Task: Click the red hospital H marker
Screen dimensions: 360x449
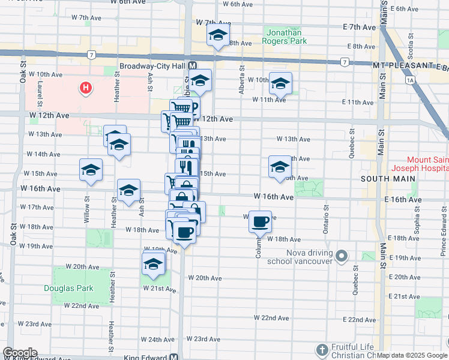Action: tap(86, 89)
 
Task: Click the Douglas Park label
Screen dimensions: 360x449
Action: tap(68, 288)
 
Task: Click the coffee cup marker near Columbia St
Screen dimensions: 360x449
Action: tap(260, 221)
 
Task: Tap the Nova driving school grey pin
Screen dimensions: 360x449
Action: tap(342, 257)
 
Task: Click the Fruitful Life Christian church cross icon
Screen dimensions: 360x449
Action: tap(323, 350)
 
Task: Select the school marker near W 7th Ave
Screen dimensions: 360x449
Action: tap(218, 35)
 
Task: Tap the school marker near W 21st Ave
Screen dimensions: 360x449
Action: tap(153, 263)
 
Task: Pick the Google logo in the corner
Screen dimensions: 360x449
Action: tap(20, 353)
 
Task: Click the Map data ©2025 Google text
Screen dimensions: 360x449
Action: tap(411, 355)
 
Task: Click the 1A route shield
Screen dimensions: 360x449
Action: tap(411, 79)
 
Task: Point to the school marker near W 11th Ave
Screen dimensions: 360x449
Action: tap(280, 83)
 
